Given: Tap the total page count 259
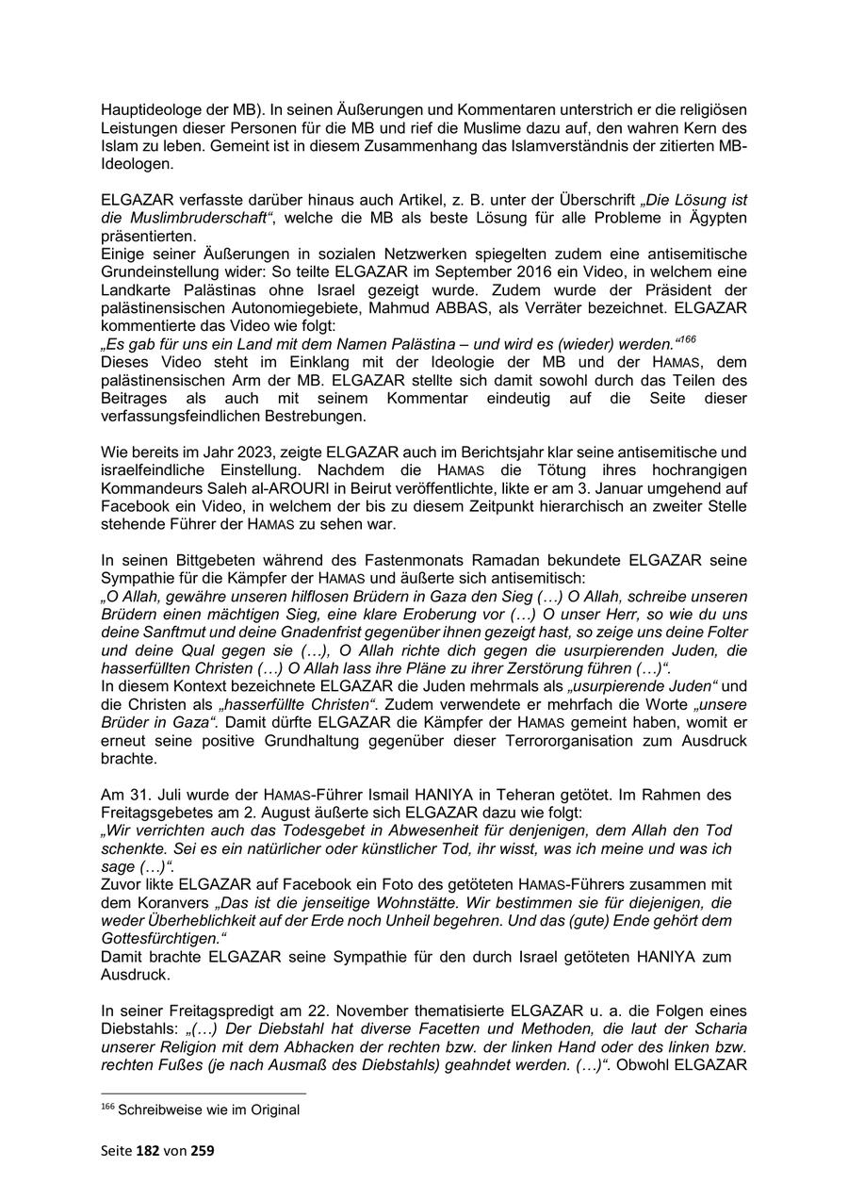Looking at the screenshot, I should pos(205,1151).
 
